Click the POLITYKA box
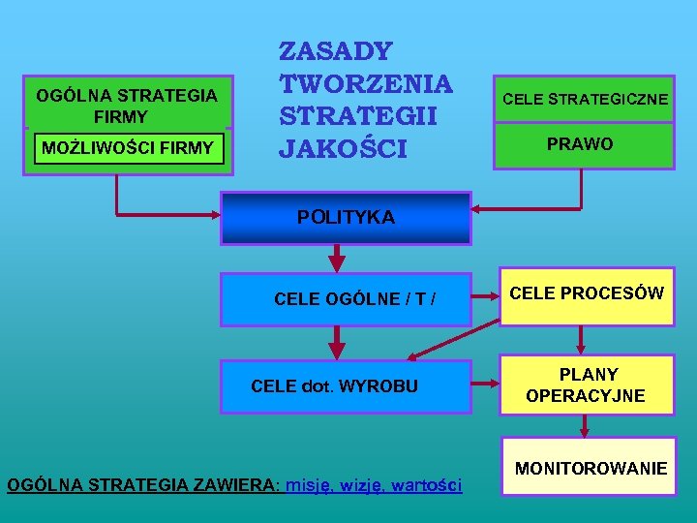coord(346,218)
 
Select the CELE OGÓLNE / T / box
coord(346,298)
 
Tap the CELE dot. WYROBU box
coord(346,386)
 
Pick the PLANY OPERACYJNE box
coord(587,385)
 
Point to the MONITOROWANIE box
coord(591,469)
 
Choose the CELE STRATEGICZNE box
coord(584,100)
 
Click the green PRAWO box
coord(584,145)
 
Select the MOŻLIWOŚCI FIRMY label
coord(128,148)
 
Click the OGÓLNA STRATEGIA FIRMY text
coord(127,106)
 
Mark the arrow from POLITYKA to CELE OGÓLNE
coord(338,259)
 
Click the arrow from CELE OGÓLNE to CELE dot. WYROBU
coord(338,342)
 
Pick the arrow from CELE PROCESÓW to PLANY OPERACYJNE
coord(581,340)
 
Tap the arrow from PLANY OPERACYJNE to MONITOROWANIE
coord(586,425)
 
